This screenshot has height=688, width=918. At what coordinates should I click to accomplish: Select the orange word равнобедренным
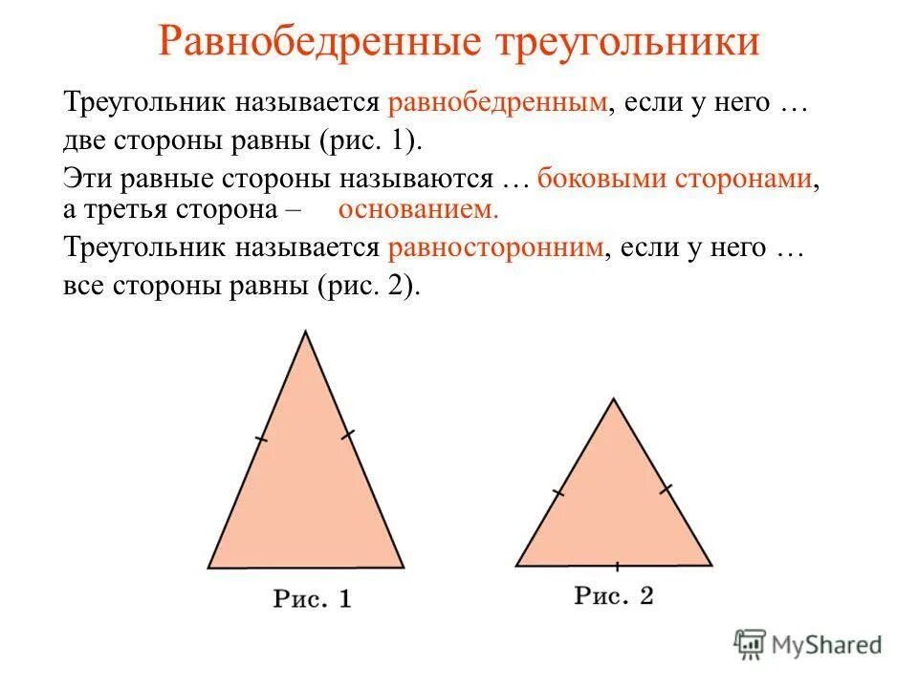tap(498, 102)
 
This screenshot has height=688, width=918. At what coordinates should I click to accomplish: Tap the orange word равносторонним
tap(496, 247)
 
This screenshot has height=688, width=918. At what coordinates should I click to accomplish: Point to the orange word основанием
tap(419, 209)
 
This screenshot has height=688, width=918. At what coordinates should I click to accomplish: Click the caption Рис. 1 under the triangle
tap(312, 599)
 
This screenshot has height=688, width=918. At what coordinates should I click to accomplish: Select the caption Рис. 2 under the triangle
tap(613, 595)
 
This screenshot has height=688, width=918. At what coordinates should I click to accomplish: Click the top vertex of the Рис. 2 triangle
tap(613, 399)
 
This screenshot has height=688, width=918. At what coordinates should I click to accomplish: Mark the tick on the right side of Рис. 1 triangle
tap(348, 436)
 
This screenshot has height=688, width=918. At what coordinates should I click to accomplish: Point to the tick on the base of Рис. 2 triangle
tap(617, 566)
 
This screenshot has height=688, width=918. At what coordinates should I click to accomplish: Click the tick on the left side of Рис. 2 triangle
tap(559, 492)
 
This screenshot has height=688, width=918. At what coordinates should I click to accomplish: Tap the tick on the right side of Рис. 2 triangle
tap(666, 489)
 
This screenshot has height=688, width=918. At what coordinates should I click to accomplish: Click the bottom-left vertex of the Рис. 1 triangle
tap(208, 568)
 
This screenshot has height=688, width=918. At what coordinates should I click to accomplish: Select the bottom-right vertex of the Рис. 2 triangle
tap(711, 565)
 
